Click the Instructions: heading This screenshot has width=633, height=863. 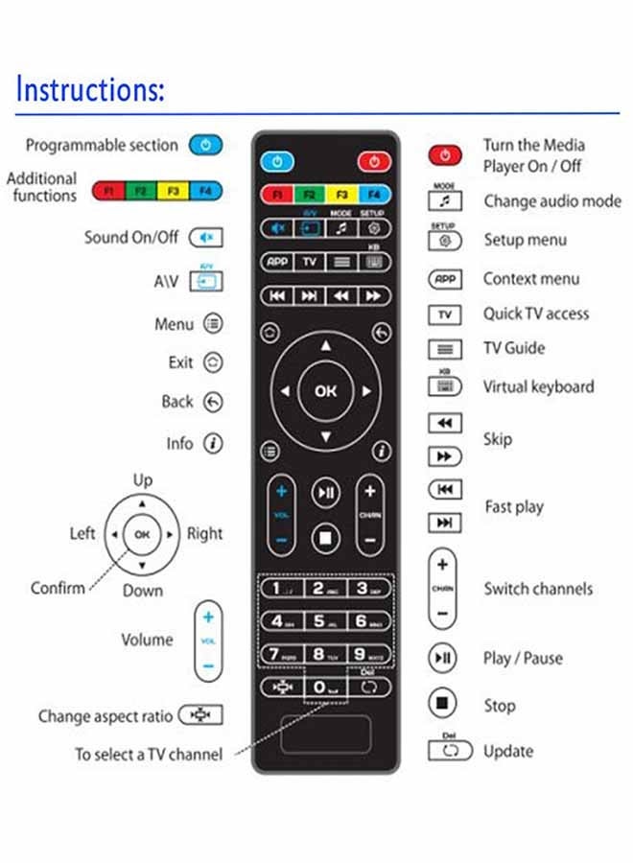pyautogui.click(x=91, y=89)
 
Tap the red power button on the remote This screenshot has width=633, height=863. pyautogui.click(x=373, y=161)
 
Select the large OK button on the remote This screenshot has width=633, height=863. pyautogui.click(x=326, y=390)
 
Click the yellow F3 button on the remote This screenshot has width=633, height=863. pyautogui.click(x=341, y=195)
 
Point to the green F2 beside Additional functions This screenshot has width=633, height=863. pyautogui.click(x=140, y=190)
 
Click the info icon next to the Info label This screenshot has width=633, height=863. pyautogui.click(x=213, y=444)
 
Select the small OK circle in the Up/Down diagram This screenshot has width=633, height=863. pyautogui.click(x=142, y=534)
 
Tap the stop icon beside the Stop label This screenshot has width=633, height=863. pyautogui.click(x=442, y=705)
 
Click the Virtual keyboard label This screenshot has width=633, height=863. pyautogui.click(x=538, y=387)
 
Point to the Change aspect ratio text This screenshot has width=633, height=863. pyautogui.click(x=105, y=716)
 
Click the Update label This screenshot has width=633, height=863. pyautogui.click(x=508, y=752)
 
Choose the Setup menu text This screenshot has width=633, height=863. pyautogui.click(x=525, y=240)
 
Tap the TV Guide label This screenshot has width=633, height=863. pyautogui.click(x=514, y=348)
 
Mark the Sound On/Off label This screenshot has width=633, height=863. pyautogui.click(x=131, y=237)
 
